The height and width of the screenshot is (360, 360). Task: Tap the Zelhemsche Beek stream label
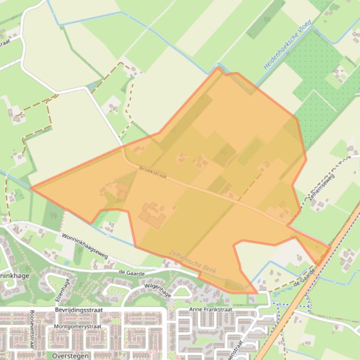[x=193, y=261]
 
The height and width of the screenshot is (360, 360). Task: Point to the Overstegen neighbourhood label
[x=70, y=356]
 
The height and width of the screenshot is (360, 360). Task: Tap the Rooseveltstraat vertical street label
[x=32, y=330]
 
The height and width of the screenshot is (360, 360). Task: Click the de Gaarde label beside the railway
[x=303, y=277]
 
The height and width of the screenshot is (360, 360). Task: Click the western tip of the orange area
[x=31, y=188]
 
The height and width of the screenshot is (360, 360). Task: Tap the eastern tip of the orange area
[x=330, y=246]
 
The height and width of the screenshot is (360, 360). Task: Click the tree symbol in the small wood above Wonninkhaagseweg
[x=53, y=216]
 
